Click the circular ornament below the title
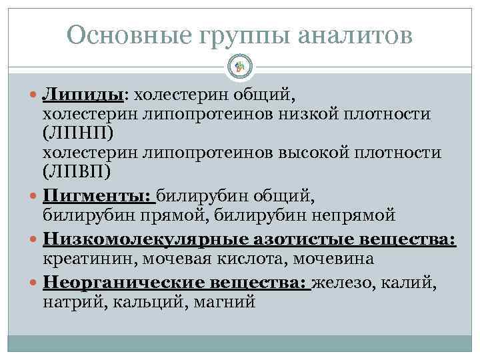pyautogui.click(x=240, y=66)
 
